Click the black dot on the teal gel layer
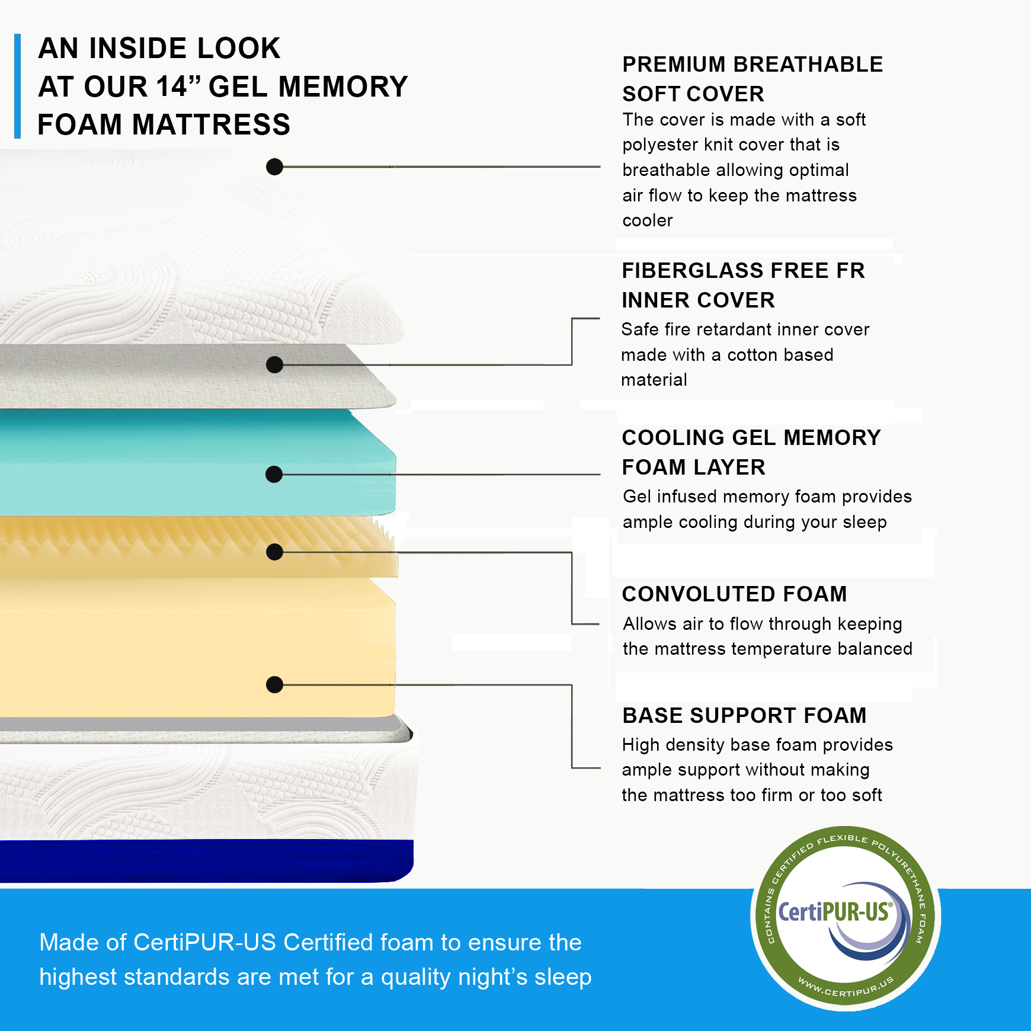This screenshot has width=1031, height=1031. coord(274,474)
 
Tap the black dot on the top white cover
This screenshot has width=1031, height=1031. coord(274,167)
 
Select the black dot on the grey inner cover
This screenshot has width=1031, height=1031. coord(274,364)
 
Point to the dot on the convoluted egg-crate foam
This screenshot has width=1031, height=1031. coord(274,552)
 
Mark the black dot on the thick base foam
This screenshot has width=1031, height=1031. coord(274,685)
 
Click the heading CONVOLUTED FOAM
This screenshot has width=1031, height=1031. coord(734,594)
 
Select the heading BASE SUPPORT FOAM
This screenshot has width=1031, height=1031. coord(744,716)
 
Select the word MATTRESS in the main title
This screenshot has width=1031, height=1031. coord(211,125)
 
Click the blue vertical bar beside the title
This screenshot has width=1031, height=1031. coord(18,87)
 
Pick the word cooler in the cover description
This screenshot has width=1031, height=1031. coord(648,221)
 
